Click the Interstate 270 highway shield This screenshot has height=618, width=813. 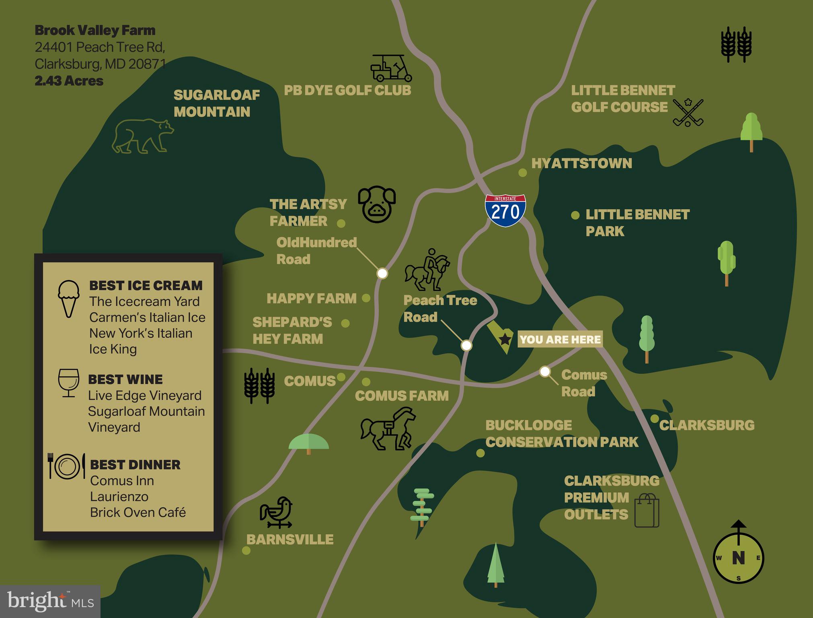coord(505,210)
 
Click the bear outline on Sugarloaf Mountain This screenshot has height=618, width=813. coord(143,136)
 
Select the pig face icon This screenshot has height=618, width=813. coord(377,204)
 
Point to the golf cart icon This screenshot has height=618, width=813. coord(391,68)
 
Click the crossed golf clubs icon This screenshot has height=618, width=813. coord(688,113)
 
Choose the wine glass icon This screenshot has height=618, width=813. coord(68,383)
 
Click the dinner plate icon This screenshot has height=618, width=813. coord(67,466)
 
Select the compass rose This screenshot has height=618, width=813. coord(738,557)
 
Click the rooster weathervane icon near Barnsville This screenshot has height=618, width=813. coord(276,512)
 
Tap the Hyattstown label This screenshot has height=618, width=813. coord(581,163)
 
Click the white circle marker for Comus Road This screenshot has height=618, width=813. coord(545,371)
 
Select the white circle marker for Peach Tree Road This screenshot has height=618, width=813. coord(466,345)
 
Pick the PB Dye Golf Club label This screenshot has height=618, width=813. coord(347,91)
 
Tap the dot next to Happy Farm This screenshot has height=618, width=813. coord(366,298)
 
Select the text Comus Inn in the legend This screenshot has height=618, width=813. coord(122,481)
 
